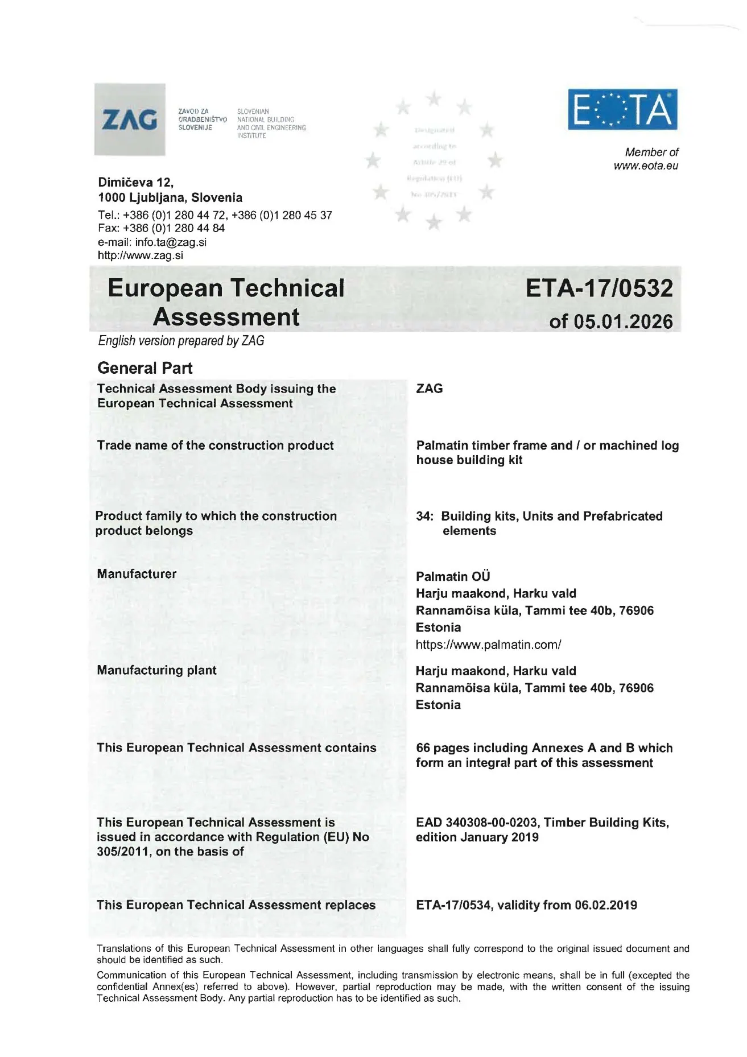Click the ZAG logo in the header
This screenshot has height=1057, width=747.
click(130, 119)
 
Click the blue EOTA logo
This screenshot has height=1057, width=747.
click(622, 109)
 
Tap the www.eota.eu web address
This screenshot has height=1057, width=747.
click(646, 166)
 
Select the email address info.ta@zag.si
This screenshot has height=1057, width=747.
click(171, 242)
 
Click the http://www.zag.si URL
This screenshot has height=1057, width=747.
click(141, 255)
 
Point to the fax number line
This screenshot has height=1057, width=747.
click(161, 228)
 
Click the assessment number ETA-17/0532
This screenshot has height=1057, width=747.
click(599, 288)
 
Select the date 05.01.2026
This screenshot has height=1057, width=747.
click(623, 322)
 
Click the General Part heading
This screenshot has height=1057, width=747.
click(145, 368)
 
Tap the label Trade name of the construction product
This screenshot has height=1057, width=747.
click(215, 445)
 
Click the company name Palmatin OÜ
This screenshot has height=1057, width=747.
click(453, 576)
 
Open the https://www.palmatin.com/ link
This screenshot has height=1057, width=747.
click(488, 645)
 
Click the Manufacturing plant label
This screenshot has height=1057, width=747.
click(156, 670)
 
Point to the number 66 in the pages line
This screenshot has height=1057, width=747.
click(423, 748)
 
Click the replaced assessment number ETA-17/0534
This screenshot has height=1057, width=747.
click(453, 905)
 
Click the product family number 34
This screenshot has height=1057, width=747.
click(423, 516)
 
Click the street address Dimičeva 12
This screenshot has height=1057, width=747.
click(135, 183)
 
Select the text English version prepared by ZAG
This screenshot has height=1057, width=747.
click(181, 341)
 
